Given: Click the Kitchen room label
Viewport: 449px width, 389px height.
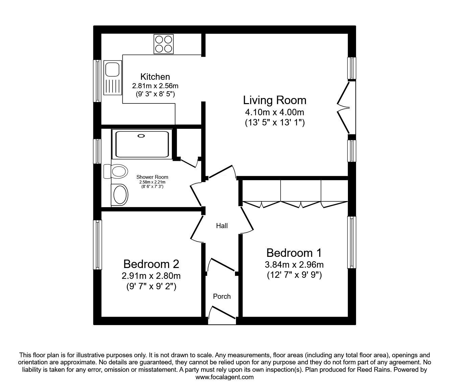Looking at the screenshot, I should (x=155, y=76).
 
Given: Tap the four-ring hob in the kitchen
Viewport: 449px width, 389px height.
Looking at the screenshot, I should (x=164, y=44).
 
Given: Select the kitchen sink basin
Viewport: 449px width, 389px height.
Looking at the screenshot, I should (x=111, y=69).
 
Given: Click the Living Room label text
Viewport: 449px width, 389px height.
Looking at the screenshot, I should (x=275, y=100).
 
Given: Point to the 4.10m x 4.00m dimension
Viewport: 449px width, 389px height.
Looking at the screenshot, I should (x=275, y=112).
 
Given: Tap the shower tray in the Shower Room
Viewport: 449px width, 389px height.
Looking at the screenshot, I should (x=142, y=144).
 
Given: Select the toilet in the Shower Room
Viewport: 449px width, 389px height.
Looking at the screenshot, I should (x=117, y=171).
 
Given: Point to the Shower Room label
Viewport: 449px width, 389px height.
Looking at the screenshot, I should (x=152, y=177).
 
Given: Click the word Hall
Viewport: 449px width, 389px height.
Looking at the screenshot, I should (x=222, y=226).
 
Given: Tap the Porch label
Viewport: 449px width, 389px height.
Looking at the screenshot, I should (x=222, y=296).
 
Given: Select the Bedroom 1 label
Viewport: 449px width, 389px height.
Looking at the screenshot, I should (x=294, y=253).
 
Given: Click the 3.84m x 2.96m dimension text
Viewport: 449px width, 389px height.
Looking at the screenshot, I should (x=294, y=265).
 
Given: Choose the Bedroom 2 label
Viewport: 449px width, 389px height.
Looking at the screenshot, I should (x=151, y=264).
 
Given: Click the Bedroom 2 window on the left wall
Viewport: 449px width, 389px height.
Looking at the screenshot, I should (x=98, y=245).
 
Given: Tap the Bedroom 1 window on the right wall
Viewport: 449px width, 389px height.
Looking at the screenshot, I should (x=352, y=242).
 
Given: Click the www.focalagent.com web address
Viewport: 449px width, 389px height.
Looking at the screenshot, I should (x=224, y=377).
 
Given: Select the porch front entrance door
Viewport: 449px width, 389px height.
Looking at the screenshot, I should (x=222, y=313).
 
